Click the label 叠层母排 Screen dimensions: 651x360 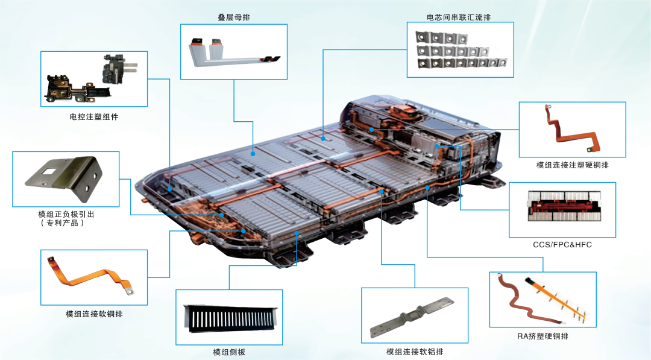(x=234, y=17)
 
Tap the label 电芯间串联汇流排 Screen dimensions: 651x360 (x=459, y=17)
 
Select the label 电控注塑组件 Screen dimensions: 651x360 (x=94, y=117)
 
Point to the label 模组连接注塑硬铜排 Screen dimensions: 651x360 (x=573, y=165)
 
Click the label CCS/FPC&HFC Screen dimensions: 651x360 (x=562, y=245)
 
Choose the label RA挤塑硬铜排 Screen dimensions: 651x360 (x=542, y=336)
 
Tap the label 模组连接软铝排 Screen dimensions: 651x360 (x=415, y=352)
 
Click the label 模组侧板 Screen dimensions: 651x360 (x=229, y=352)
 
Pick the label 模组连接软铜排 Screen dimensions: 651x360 (x=94, y=314)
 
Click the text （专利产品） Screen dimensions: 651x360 (x=62, y=223)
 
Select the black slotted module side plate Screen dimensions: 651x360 (x=230, y=318)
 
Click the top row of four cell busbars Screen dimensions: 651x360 (x=441, y=38)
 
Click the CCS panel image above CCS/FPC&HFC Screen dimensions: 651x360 (x=564, y=206)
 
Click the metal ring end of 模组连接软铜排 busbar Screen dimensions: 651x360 (x=130, y=291)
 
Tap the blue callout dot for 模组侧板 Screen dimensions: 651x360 (x=297, y=233)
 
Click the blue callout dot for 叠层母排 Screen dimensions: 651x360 (x=253, y=154)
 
